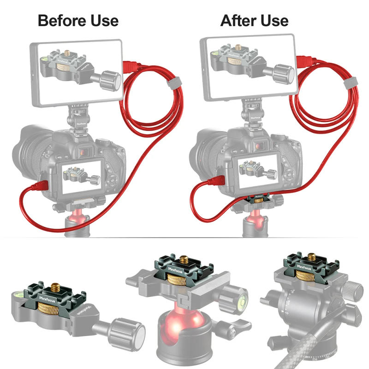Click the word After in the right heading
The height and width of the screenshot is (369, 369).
click(237, 21)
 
